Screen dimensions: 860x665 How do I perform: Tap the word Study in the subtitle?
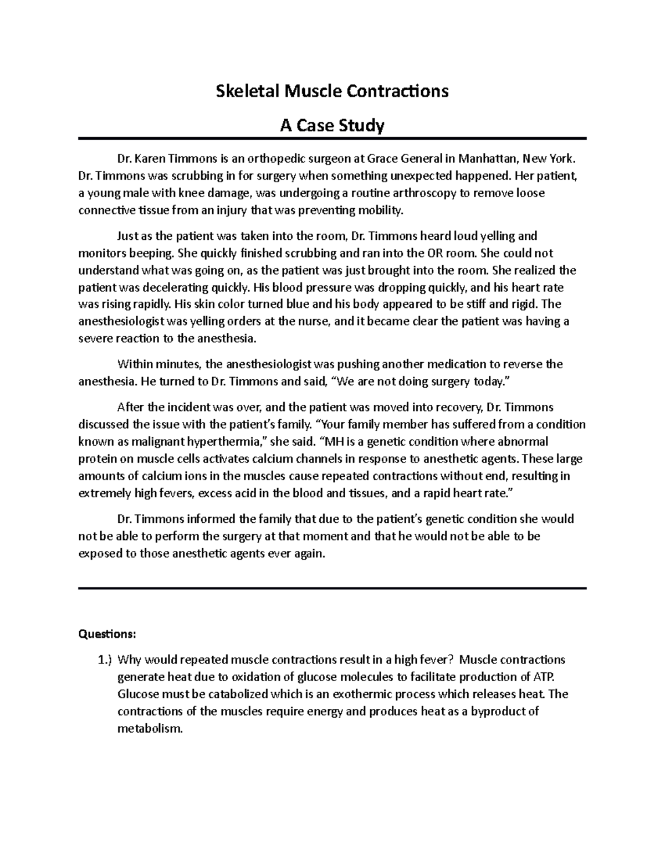tap(360, 126)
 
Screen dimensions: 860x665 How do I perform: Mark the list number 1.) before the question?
tap(104, 660)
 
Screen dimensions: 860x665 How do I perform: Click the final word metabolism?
tap(150, 729)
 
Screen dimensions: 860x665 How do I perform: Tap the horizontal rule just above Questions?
tap(332, 588)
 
